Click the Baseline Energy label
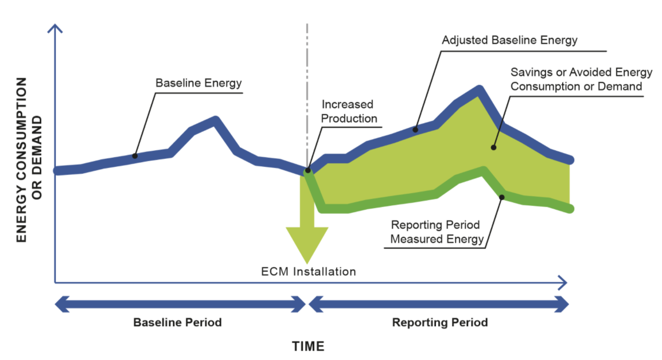tap(198, 83)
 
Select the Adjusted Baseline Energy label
tap(509, 41)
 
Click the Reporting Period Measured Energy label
tap(437, 232)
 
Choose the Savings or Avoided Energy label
tap(581, 79)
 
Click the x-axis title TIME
tap(308, 346)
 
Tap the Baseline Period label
tap(177, 322)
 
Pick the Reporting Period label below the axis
tap(439, 322)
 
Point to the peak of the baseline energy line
tap(216, 120)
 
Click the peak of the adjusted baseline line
tap(478, 89)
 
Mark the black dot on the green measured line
tap(502, 197)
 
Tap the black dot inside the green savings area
tap(492, 147)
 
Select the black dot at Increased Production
tap(308, 170)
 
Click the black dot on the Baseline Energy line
tap(135, 155)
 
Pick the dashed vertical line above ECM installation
tap(307, 86)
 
